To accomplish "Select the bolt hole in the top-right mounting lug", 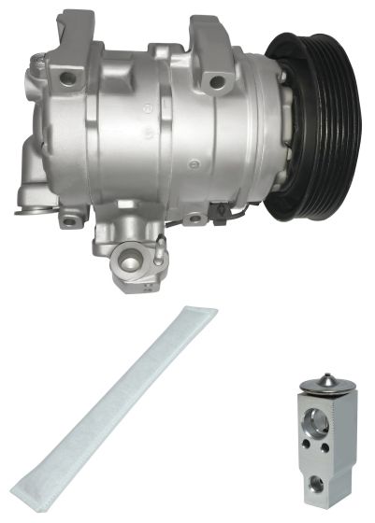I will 217,81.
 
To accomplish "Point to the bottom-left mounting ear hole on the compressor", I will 69,221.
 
